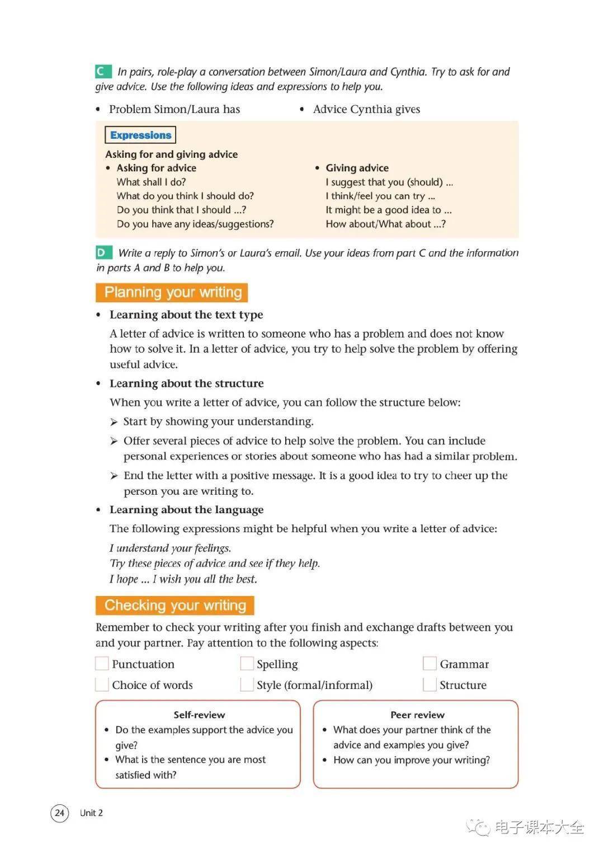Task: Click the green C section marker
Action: [103, 71]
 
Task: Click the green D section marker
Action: [103, 252]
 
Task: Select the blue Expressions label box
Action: [140, 135]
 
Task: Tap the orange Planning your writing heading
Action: [172, 292]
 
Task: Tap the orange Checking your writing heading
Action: [175, 605]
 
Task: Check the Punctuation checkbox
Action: [102, 664]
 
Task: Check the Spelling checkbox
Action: [247, 664]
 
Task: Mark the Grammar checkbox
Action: [430, 664]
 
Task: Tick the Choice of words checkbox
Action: [102, 684]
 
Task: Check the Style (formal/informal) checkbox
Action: [247, 684]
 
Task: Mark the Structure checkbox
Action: [430, 684]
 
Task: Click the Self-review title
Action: [199, 715]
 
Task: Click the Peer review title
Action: [417, 715]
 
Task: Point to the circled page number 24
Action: [60, 813]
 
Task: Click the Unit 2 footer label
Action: [91, 813]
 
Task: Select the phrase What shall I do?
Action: [151, 182]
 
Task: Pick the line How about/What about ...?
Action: [385, 224]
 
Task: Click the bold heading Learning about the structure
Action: [186, 383]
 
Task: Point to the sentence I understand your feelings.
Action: [170, 548]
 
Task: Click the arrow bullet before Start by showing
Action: [114, 422]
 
